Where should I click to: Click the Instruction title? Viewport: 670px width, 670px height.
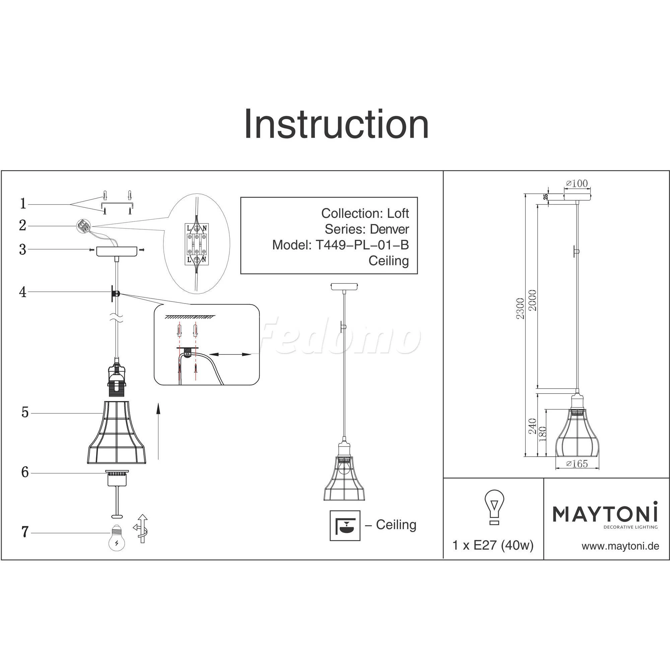[x=336, y=124]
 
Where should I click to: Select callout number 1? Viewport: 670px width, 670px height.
[x=23, y=204]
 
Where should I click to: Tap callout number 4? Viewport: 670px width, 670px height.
[x=23, y=292]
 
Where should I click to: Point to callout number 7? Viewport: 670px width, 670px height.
[x=24, y=532]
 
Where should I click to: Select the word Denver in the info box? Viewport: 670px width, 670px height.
[x=389, y=229]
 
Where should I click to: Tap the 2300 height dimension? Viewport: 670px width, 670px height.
[x=520, y=308]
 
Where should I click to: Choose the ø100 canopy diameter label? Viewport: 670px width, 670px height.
[x=577, y=184]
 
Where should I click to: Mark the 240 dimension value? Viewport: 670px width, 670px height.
[x=532, y=426]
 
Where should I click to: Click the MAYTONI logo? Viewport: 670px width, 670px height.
[x=605, y=514]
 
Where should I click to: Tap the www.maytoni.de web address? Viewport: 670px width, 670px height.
[x=620, y=546]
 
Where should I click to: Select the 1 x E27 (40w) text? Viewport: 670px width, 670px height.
[x=493, y=545]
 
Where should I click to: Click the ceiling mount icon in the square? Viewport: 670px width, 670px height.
[x=345, y=525]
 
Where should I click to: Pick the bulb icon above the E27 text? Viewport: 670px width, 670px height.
[x=494, y=507]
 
